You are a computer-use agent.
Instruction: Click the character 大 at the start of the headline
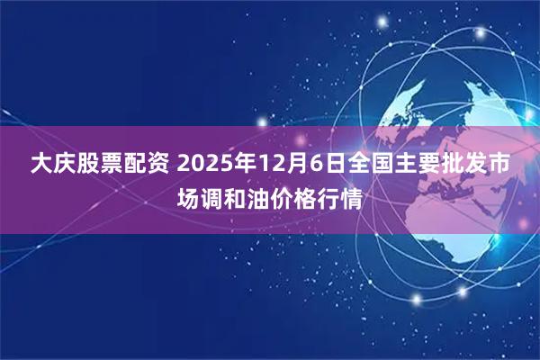40,165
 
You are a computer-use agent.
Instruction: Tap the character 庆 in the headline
66,165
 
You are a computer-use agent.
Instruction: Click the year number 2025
206,165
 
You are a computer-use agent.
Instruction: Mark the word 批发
466,165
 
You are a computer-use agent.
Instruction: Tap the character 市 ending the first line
502,165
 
